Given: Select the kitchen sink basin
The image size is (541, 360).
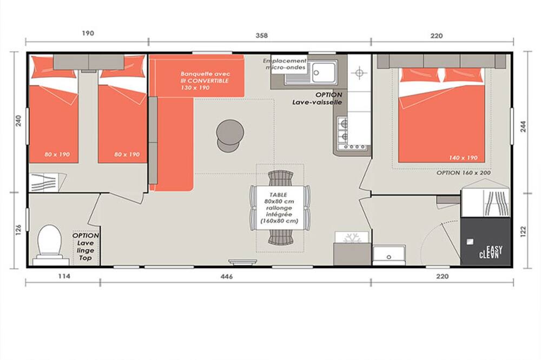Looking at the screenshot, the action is coord(324,72).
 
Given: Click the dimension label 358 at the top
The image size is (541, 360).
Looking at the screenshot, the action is coord(261,35).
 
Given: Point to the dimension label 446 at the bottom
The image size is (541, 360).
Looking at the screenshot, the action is coord(226,276).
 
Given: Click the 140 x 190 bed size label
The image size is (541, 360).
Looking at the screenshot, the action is coord(463,158).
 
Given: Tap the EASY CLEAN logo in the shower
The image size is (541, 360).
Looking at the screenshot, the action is coord(491,252).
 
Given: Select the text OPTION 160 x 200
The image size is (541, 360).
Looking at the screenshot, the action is coord(464,172).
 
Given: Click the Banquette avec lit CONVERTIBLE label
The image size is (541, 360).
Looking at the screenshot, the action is coord(205,81).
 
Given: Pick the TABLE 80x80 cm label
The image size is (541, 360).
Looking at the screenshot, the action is coord(279,198).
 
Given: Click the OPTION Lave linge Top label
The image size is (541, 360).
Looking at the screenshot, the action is coord(85,246).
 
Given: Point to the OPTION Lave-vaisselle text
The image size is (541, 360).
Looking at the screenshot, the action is coord(318,98).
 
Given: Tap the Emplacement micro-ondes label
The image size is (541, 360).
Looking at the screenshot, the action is coord(285,64).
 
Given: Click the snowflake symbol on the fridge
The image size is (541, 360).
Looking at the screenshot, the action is coord(352,238).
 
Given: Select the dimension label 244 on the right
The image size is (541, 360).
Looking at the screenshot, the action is coord(523,126).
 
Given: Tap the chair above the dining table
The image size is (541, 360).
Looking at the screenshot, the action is coord(281,178).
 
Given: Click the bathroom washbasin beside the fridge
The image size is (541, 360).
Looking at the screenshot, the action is coord(389,255).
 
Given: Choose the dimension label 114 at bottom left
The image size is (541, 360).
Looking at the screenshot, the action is coord(64,276).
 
